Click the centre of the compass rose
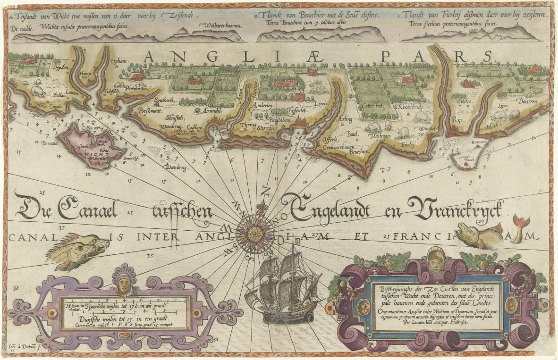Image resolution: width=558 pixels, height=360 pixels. tap(256, 232)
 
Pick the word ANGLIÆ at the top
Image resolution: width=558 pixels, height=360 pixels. tap(198, 57)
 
